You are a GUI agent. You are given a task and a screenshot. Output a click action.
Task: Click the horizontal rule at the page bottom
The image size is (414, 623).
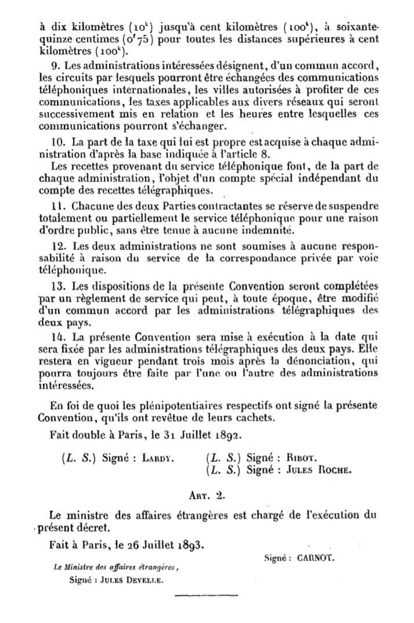click(206, 595)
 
